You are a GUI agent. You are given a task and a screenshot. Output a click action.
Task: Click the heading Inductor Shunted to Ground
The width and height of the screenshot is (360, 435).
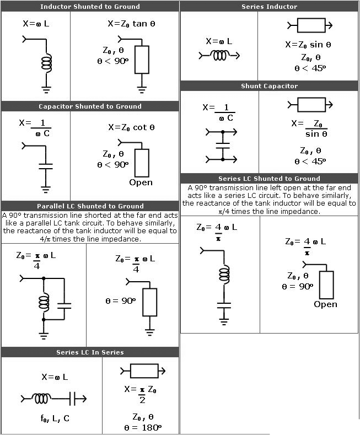(x=90, y=7)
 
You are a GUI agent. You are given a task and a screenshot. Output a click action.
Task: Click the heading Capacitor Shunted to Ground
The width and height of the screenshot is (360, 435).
(x=90, y=106)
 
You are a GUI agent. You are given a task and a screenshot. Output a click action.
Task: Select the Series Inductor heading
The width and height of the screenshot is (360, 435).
(x=269, y=7)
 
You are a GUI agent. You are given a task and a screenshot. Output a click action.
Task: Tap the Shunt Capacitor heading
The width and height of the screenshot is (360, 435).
(x=269, y=86)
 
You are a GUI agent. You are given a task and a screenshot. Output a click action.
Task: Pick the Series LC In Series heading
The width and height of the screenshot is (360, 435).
(x=90, y=352)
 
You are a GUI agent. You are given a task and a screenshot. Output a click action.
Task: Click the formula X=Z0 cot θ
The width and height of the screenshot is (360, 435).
(x=131, y=127)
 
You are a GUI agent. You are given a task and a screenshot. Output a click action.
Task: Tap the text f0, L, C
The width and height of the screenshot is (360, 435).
(x=55, y=418)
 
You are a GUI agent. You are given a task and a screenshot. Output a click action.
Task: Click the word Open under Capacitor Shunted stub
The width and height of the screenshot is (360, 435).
(x=141, y=182)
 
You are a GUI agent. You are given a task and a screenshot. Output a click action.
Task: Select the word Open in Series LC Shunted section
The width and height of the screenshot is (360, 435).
(x=325, y=304)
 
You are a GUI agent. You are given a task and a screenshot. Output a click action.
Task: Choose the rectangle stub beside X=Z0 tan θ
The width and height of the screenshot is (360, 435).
(x=142, y=60)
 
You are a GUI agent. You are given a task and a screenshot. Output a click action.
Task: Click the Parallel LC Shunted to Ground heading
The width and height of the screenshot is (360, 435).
(x=90, y=206)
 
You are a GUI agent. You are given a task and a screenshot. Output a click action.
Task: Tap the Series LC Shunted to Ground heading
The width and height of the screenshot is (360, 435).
(x=269, y=179)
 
